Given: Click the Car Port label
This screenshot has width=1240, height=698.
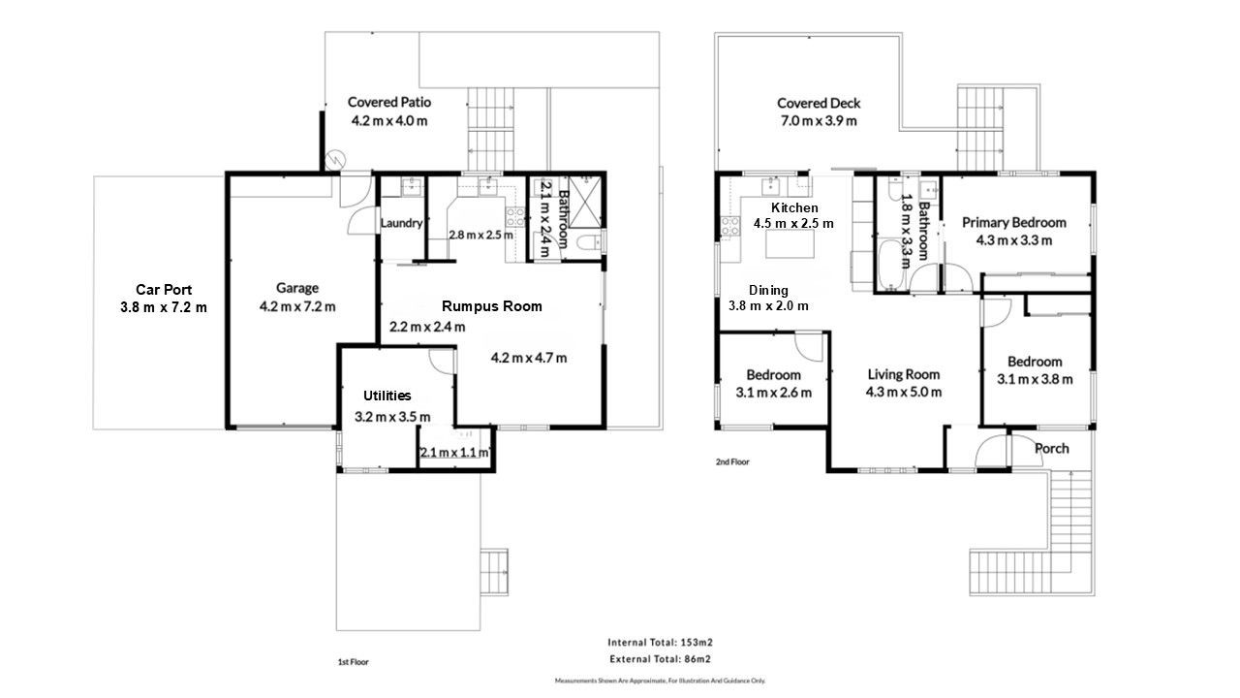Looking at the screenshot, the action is tap(164, 290).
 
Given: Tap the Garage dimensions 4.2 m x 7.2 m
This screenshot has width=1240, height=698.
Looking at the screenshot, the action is tap(297, 306).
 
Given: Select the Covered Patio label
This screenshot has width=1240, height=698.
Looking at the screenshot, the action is tap(389, 102).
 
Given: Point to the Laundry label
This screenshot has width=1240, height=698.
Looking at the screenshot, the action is tap(401, 223).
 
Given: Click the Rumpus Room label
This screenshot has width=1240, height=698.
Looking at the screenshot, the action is tap(491, 306).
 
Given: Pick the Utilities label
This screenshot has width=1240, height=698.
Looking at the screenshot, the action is tap(387, 396).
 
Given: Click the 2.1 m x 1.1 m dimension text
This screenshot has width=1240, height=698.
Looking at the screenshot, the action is tap(454, 452).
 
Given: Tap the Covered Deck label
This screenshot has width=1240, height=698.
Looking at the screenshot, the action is tap(819, 103).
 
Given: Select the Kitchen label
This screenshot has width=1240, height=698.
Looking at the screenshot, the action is tap(794, 207).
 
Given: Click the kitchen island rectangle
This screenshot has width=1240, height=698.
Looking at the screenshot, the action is tap(790, 244).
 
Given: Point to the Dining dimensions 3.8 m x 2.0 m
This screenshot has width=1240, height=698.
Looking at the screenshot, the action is tap(768, 305).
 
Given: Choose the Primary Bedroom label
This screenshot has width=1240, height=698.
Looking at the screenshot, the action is tap(1014, 223).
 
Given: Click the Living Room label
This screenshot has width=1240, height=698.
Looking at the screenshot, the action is tap(904, 374).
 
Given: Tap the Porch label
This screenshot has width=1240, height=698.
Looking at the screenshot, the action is tap(1052, 449).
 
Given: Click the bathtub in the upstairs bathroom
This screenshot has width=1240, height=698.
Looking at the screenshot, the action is tap(890, 265).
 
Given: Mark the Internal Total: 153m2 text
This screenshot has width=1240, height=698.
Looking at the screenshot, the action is tap(660, 643).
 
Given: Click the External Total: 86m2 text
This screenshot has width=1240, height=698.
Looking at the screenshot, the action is tap(660, 659).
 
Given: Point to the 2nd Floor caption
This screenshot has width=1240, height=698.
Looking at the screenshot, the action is tap(732, 461).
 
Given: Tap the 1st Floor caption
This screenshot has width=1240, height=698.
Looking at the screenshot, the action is tap(354, 662).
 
